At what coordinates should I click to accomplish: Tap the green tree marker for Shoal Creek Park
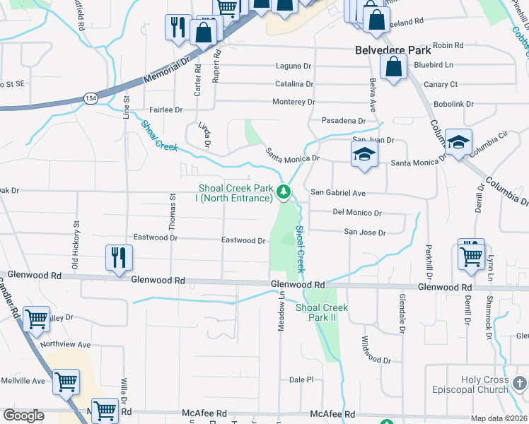coord(283,191)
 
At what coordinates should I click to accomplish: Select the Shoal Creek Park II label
coord(322,312)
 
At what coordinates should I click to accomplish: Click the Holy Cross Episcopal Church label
coord(485,384)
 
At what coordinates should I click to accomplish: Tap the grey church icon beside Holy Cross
coord(520,384)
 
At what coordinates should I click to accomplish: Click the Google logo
coord(23,416)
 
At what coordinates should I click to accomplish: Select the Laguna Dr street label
coord(293,66)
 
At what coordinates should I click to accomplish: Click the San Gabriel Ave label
coord(338,193)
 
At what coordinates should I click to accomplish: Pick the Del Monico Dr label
coord(357,213)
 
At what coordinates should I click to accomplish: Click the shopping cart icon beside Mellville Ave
coord(66,382)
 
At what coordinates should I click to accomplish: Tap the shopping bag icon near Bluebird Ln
coord(393,68)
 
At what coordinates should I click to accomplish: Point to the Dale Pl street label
coord(301,379)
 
